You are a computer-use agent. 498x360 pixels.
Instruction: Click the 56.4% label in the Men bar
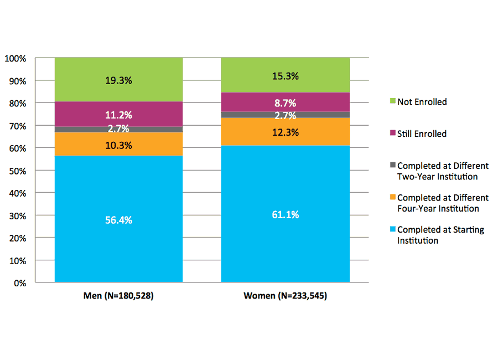coord(118,220)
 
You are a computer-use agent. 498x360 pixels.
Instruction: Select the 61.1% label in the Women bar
coord(285,214)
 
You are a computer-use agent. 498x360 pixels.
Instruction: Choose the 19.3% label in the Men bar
coord(118,80)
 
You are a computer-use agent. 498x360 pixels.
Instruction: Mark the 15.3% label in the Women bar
coord(285,76)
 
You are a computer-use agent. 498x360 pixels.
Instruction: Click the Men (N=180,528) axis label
coord(118,296)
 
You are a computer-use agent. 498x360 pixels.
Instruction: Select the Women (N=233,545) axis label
coord(285,296)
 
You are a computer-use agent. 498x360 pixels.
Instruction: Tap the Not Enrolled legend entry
coord(422,102)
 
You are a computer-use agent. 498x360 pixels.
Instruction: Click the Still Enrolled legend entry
coord(422,133)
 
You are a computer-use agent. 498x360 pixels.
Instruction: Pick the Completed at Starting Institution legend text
coord(440,235)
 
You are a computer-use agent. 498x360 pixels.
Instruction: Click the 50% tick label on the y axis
coord(17,171)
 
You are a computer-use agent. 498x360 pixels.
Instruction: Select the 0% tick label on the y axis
coord(19,283)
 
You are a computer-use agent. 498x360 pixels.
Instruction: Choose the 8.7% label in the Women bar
coord(285,102)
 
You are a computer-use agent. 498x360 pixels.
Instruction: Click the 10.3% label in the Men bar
coord(118,145)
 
